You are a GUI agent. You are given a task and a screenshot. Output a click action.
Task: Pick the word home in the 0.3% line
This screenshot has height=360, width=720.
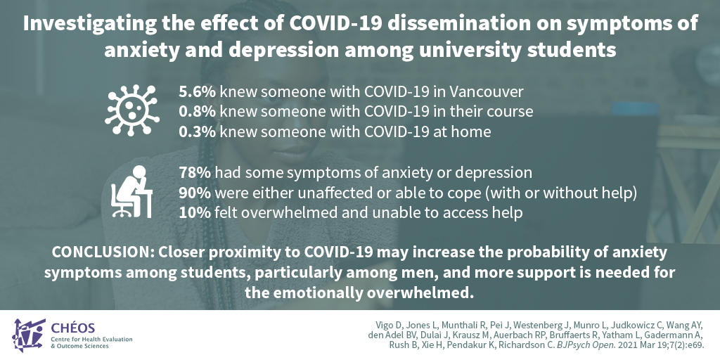[x=468, y=130]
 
